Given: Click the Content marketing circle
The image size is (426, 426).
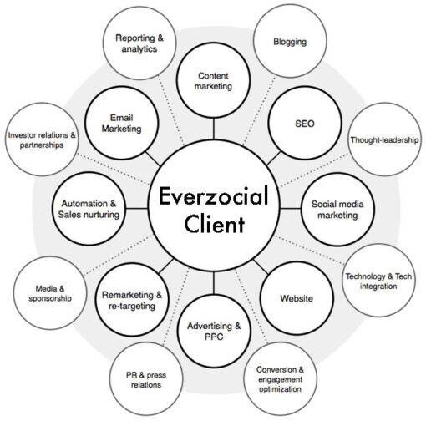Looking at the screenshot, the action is click(214, 80).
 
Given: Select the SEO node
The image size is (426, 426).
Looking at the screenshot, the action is click(305, 123).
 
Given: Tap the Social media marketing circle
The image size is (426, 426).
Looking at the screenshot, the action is click(337, 209).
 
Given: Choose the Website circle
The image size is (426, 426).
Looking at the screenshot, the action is click(297, 298).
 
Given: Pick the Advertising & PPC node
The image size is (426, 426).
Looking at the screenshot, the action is click(214, 331).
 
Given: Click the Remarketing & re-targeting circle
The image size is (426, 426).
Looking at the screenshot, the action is click(132, 300).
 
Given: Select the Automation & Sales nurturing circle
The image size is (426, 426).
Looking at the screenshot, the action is click(89, 209).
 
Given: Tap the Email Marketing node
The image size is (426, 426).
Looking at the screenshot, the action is click(122, 123).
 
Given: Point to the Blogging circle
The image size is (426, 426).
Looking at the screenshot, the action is click(290, 41).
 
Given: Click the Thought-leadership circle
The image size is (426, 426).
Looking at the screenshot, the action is click(385, 139).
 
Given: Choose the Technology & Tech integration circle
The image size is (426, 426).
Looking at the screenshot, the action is click(378, 281).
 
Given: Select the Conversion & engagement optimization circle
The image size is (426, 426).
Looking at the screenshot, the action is click(280, 379).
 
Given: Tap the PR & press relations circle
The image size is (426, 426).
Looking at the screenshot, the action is click(146, 379).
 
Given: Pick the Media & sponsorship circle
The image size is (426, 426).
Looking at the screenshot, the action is click(50, 293).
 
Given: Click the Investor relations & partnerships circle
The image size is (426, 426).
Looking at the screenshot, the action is click(42, 139).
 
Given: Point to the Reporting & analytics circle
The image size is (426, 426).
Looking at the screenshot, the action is click(139, 43).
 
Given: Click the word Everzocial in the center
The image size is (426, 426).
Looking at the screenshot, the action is click(213, 195).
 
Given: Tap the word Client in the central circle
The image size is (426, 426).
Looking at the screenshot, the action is click(214, 224).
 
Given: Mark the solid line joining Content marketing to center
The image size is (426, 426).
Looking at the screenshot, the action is click(214, 129).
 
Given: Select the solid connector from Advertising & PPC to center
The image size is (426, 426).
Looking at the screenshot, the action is click(214, 282).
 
